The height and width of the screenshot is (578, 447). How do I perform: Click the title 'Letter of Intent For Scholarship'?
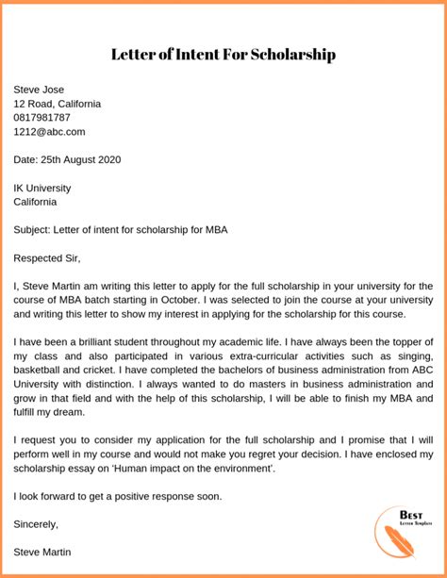[x=223, y=55]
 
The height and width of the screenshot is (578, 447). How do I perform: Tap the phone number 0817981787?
[x=41, y=118]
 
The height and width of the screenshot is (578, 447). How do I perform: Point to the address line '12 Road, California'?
[x=58, y=104]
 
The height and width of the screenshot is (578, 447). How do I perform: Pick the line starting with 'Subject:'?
[x=121, y=229]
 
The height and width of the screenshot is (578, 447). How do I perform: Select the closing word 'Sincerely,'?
[x=36, y=524]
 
